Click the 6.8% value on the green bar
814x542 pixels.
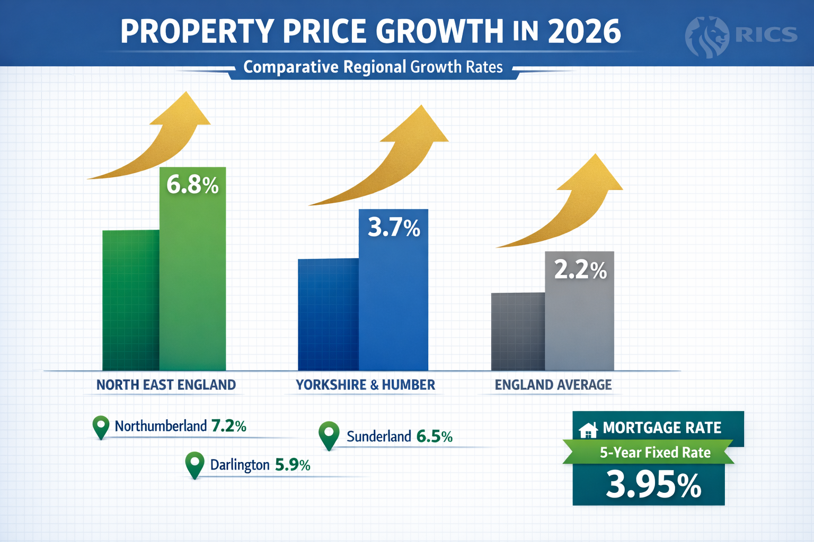(x=192, y=185)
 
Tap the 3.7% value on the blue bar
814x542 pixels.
(x=394, y=228)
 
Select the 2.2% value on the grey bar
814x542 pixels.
(x=580, y=270)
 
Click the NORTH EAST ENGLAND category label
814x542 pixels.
(x=166, y=385)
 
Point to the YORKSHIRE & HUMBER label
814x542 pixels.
(x=365, y=385)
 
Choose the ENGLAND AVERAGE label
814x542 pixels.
(x=553, y=385)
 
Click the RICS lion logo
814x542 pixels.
(x=706, y=36)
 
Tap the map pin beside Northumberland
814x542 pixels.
(x=101, y=426)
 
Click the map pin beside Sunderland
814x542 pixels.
(x=329, y=435)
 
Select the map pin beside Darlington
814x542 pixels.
(x=194, y=464)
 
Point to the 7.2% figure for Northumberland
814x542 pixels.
(x=228, y=426)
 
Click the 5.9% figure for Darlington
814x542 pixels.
(x=293, y=465)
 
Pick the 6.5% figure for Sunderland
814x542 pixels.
(x=435, y=437)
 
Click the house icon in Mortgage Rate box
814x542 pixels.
(x=588, y=430)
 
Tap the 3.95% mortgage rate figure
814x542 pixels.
(x=653, y=485)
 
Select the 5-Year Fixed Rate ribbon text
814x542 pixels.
(x=655, y=453)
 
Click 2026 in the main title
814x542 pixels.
(x=584, y=31)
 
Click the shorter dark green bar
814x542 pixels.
(x=130, y=300)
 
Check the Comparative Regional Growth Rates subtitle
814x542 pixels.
(x=373, y=67)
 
